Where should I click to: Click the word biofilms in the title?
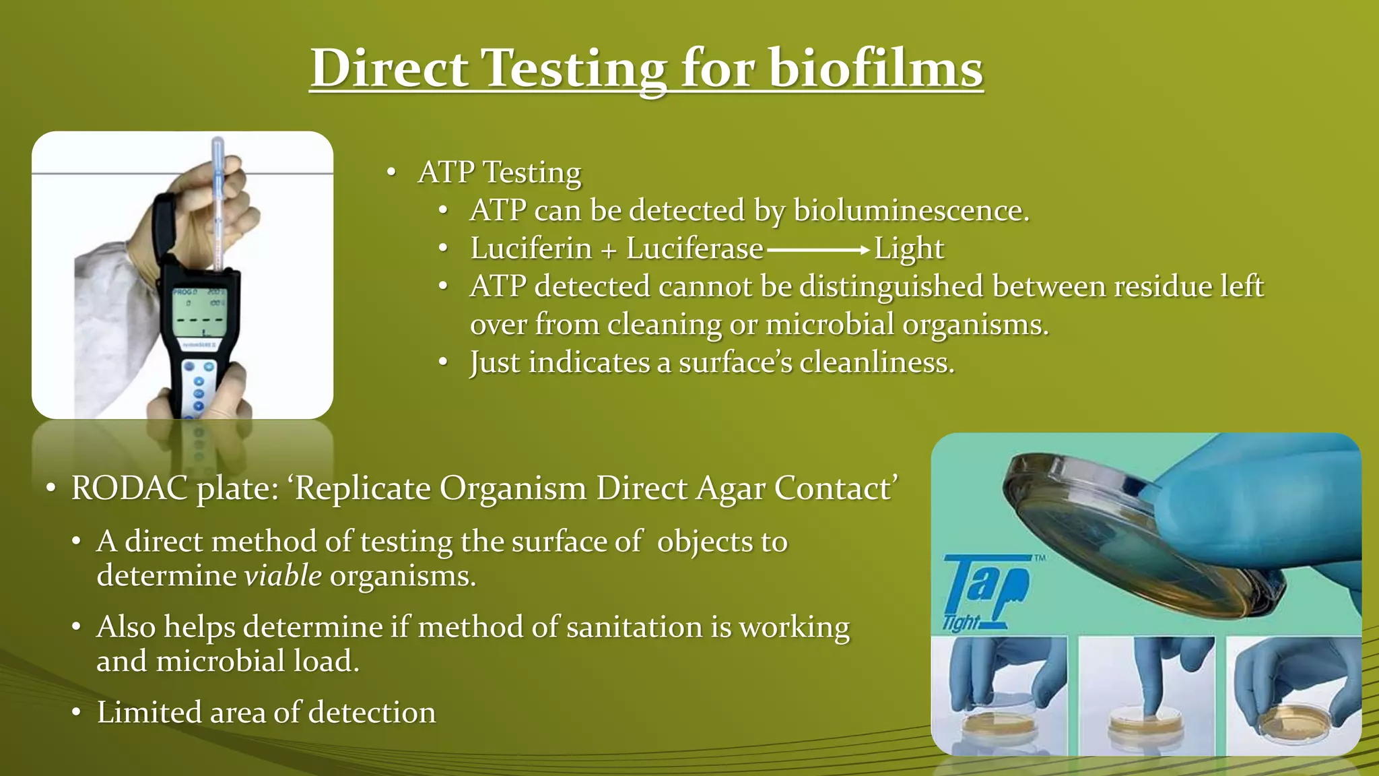tap(875, 69)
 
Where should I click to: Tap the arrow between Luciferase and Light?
tap(818, 250)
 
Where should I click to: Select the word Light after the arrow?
tap(909, 249)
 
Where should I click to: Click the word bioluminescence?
tap(911, 211)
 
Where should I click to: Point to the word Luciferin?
tap(531, 249)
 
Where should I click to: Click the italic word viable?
tap(283, 576)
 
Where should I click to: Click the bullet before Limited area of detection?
tap(77, 713)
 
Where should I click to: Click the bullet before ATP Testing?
tap(391, 172)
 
